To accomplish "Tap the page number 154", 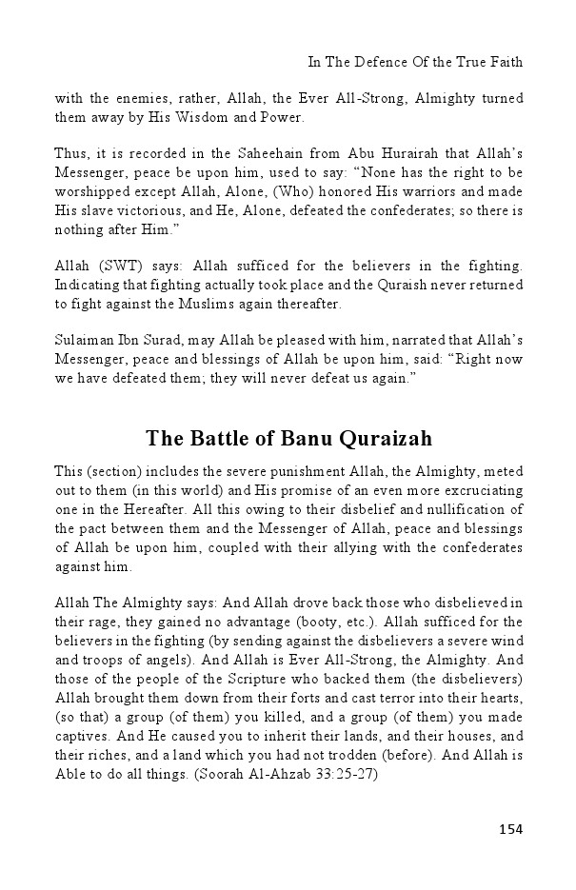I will (x=510, y=829).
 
